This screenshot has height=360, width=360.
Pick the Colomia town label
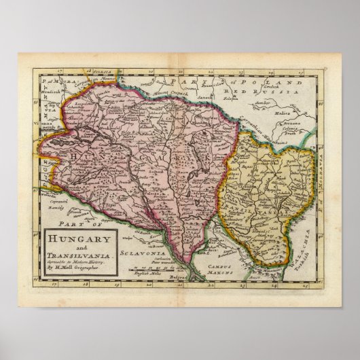[x=293, y=127]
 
